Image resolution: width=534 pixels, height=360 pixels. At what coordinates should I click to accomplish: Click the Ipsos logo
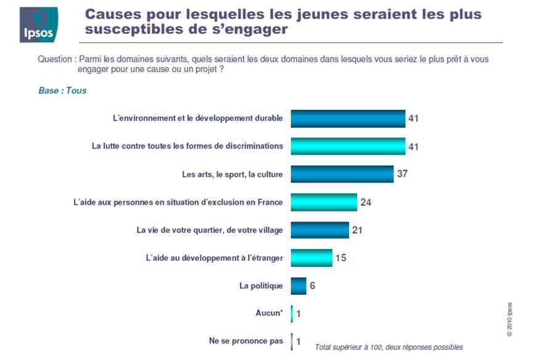[38, 25]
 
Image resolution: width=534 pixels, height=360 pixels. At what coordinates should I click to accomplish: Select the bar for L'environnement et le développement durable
[347, 118]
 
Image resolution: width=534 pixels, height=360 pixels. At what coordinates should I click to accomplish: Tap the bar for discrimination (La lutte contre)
[347, 146]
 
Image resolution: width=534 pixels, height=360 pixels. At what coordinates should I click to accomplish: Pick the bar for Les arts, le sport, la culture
[342, 174]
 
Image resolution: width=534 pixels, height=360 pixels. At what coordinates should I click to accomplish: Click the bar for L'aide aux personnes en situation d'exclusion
[324, 202]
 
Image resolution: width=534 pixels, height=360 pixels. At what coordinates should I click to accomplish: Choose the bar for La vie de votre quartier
[319, 230]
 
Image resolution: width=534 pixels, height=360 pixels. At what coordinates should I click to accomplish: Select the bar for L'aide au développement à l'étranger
[311, 258]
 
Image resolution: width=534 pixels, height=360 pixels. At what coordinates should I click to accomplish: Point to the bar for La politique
[298, 285]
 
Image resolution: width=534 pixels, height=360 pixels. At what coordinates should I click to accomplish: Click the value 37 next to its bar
[403, 174]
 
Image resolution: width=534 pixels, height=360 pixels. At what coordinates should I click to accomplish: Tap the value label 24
[366, 202]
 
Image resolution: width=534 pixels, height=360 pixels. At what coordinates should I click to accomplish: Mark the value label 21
[357, 230]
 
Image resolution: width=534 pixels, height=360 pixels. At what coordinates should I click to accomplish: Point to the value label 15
[340, 258]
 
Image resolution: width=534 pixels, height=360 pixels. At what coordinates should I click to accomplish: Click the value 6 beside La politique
[313, 286]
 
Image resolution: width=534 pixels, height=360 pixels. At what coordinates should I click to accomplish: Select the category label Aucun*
[269, 313]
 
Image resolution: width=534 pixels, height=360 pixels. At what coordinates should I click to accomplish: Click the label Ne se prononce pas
[246, 340]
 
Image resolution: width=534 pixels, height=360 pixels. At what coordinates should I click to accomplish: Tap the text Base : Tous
[62, 91]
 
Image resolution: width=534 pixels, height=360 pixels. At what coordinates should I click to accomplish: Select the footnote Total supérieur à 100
[388, 347]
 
